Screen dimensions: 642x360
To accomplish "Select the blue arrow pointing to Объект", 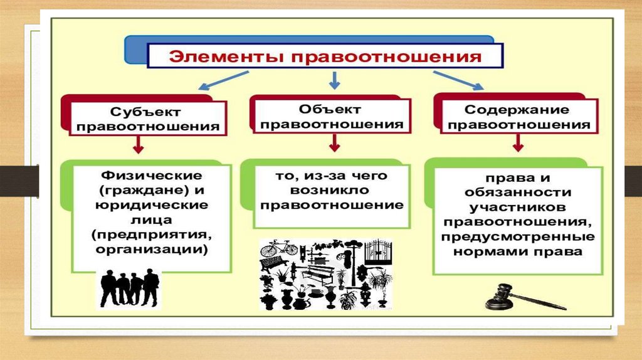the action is tap(335, 80).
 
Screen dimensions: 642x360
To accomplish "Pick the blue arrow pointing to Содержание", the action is tap(458, 80).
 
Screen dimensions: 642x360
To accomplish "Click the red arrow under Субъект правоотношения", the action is tap(139, 146).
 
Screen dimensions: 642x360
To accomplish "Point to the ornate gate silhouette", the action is tap(378, 251).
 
